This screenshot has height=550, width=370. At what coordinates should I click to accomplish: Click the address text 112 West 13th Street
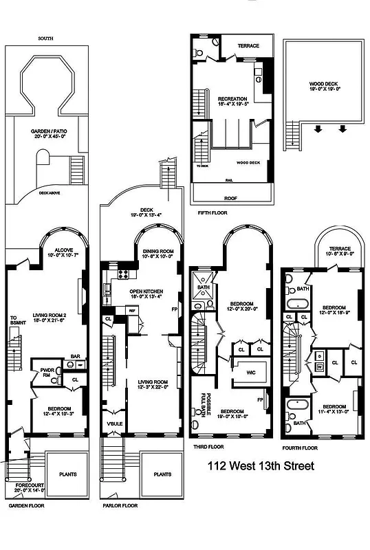261,466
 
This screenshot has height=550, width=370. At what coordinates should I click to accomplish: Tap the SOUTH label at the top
46,38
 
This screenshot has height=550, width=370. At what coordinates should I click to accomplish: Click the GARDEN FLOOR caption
26,505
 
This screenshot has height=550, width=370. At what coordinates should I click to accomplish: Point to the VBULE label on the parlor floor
114,423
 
